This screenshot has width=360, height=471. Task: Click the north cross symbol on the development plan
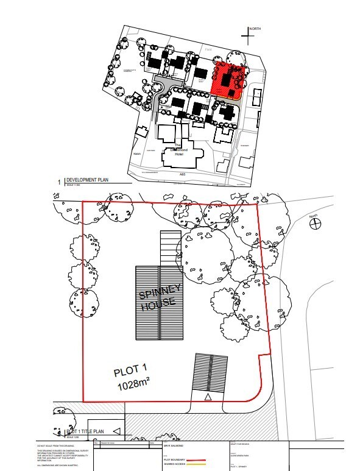(x=247, y=37)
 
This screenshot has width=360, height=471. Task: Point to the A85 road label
(x=182, y=174)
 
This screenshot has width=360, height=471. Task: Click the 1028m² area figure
(x=133, y=386)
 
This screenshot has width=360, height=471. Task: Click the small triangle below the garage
(x=208, y=397)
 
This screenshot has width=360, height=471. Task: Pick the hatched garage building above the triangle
(x=210, y=373)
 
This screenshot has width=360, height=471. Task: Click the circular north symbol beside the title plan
(x=314, y=224)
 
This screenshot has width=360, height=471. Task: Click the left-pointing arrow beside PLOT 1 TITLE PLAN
(x=116, y=432)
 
